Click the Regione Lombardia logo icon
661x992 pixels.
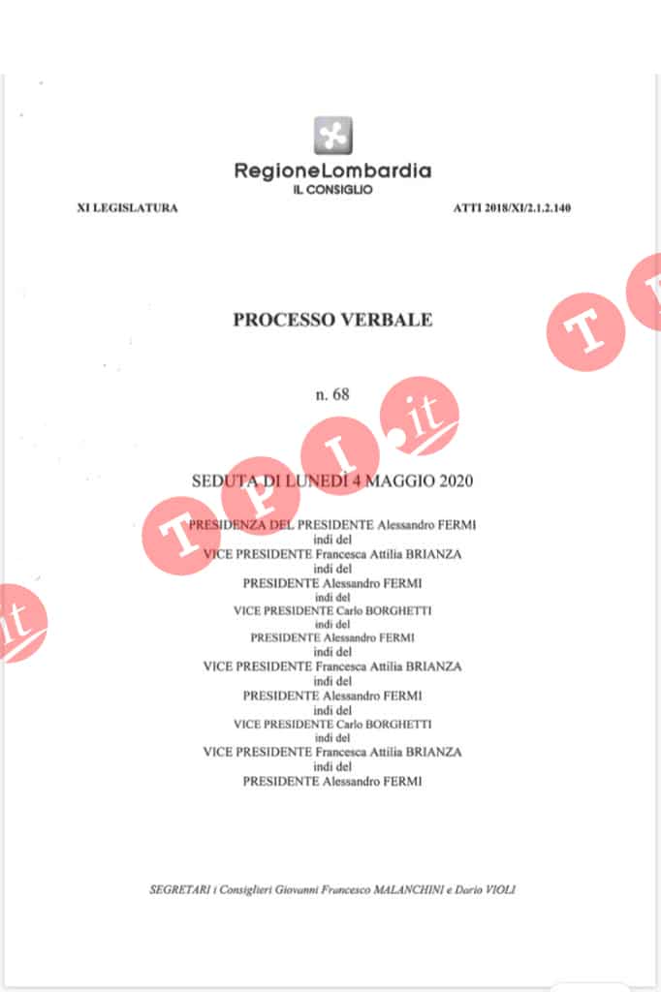332,135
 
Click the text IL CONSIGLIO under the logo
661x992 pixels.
332,190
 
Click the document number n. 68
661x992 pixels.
332,394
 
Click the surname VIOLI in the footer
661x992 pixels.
499,889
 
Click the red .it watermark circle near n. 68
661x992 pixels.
419,415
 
